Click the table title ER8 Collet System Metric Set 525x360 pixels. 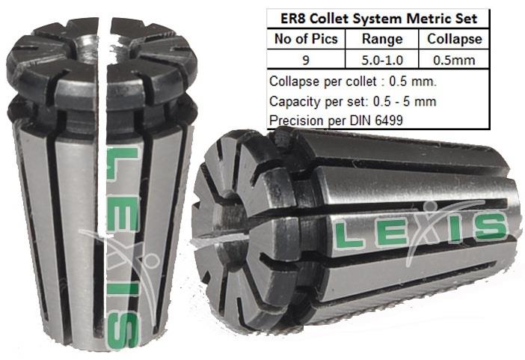pos(378,19)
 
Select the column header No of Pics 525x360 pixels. pos(306,39)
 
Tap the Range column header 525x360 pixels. pos(382,40)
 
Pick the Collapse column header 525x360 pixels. pos(455,39)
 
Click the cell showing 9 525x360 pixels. pos(306,61)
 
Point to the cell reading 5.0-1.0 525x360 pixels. pos(382,61)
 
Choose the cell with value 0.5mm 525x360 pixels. pos(454,61)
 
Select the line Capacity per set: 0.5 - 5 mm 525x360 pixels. pos(352,101)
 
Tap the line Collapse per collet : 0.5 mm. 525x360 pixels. pos(353,82)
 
